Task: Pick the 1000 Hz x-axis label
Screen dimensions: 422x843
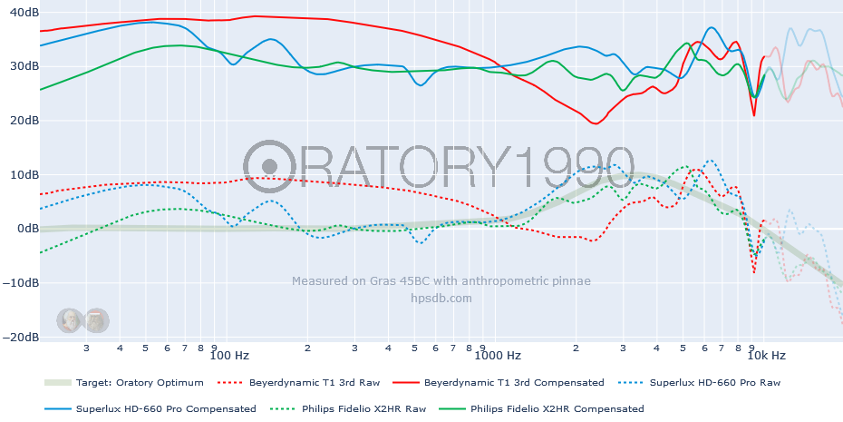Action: pyautogui.click(x=501, y=355)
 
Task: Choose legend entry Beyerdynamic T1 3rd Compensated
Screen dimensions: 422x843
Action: pyautogui.click(x=514, y=383)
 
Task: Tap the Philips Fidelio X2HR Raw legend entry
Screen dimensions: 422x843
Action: pyautogui.click(x=366, y=409)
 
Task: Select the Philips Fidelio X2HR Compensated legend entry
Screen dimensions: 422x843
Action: pyautogui.click(x=557, y=409)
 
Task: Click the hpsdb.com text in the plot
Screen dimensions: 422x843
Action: pyautogui.click(x=441, y=298)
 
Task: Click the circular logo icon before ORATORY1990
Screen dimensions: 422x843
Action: pyautogui.click(x=268, y=166)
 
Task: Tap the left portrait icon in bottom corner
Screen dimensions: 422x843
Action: pyautogui.click(x=69, y=319)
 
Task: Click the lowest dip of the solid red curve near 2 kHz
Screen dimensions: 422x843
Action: pyautogui.click(x=595, y=123)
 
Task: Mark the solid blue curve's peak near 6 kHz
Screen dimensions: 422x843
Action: pyautogui.click(x=712, y=28)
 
